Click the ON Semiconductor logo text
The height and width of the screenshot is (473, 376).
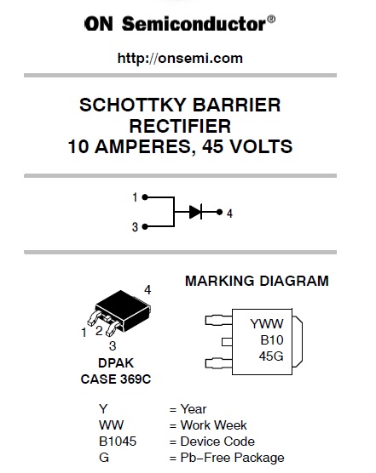tap(180, 24)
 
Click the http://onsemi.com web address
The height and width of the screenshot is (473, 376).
tap(180, 58)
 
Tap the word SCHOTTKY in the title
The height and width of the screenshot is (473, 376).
tap(132, 105)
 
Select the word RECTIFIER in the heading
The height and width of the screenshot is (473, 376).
tap(180, 126)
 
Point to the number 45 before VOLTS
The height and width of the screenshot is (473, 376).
tap(213, 146)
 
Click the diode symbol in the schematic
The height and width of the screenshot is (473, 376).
tap(195, 212)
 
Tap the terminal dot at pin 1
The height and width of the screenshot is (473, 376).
tap(145, 197)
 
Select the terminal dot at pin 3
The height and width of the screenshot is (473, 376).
tap(145, 226)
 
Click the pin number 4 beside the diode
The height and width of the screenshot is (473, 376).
tap(229, 214)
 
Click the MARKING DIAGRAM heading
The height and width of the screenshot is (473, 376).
tap(257, 281)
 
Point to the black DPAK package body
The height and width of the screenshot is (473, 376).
tap(123, 309)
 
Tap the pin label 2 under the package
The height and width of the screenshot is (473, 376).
tap(99, 331)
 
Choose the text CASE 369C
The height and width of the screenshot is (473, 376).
tap(116, 379)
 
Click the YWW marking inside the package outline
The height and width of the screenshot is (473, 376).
tap(267, 324)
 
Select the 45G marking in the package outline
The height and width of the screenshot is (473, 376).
tap(271, 356)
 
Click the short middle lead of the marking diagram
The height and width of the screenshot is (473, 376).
tap(227, 342)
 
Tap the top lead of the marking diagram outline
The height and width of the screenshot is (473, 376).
tap(219, 320)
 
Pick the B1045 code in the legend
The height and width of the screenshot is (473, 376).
tap(118, 442)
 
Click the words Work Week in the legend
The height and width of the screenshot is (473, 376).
tap(213, 425)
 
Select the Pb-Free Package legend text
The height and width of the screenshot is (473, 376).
tap(232, 458)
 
